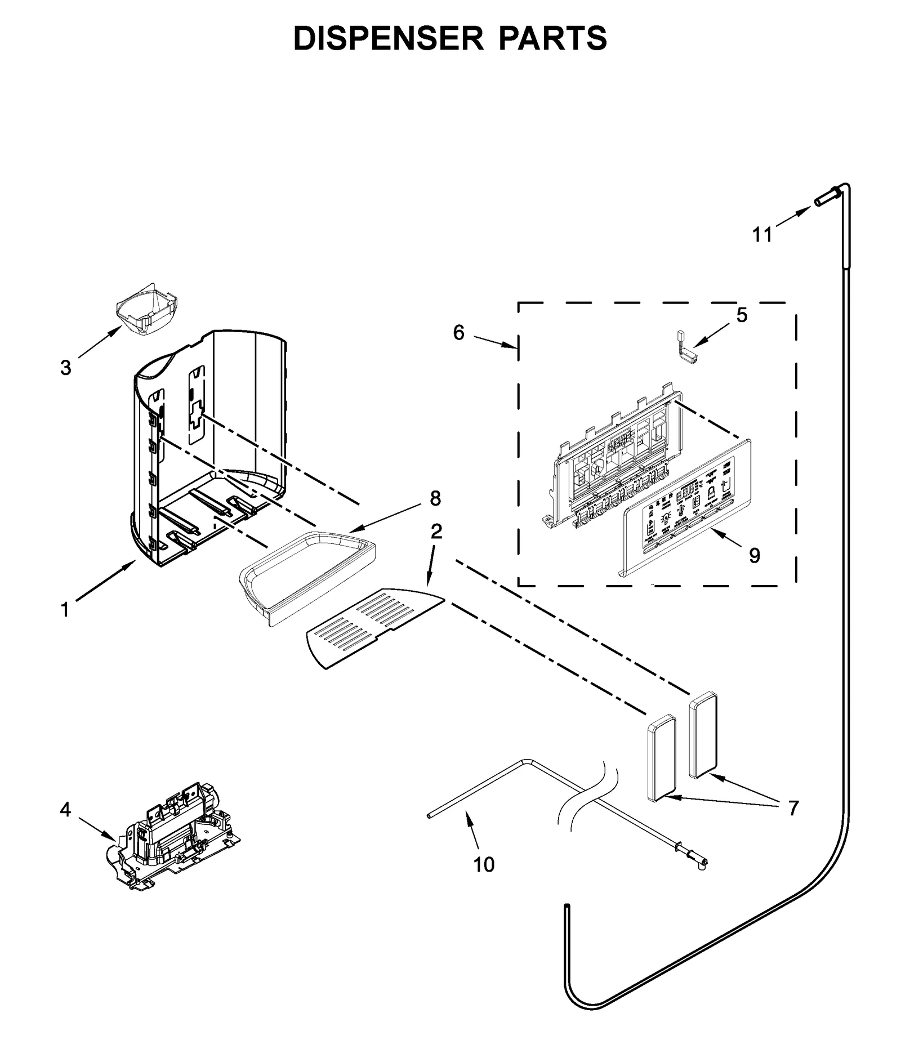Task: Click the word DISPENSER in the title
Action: [388, 38]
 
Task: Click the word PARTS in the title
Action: [553, 38]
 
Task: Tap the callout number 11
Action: [763, 234]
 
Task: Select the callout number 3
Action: [66, 368]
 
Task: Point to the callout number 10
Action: [484, 864]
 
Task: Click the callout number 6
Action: [459, 333]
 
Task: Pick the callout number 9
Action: [755, 556]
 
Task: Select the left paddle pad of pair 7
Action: [662, 757]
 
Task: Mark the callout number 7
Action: [793, 809]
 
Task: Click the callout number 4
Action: [65, 810]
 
